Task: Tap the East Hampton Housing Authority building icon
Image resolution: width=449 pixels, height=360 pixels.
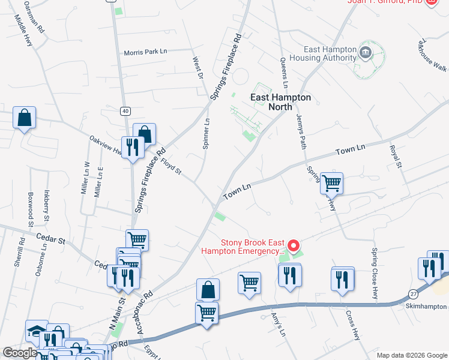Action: point(365,53)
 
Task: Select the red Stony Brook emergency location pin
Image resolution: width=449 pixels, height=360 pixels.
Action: point(294,245)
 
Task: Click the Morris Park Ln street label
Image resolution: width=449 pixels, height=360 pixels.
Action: point(145,52)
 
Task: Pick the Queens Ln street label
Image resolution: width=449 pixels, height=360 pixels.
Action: point(284,70)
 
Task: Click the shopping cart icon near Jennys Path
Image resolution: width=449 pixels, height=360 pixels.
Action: point(331,182)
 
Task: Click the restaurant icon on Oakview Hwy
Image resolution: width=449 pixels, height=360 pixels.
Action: point(131,147)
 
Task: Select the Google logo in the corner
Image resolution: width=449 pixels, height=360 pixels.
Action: point(20,353)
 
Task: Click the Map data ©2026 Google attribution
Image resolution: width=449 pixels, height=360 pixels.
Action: point(411,355)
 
